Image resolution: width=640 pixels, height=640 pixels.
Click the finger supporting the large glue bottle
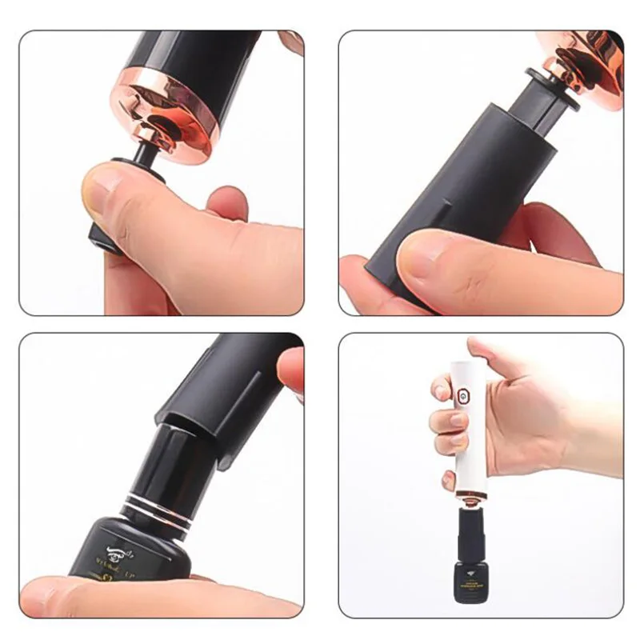point(120,596)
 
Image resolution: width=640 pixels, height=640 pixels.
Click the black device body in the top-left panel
point(184,56)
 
